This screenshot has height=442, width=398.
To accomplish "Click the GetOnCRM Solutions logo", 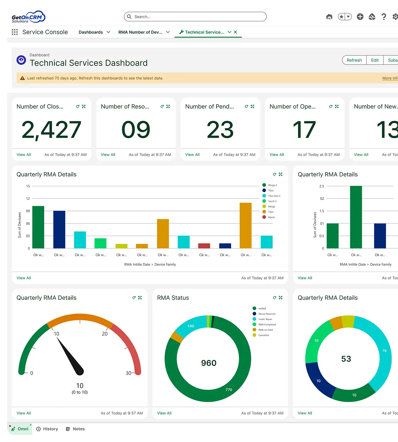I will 28,17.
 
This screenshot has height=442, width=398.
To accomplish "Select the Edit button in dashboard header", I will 375,60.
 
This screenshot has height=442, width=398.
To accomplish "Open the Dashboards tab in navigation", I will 91,32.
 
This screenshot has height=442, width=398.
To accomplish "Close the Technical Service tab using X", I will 236,32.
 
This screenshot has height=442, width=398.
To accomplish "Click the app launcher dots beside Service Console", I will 15,32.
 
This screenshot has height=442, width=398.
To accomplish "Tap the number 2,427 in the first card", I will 52,129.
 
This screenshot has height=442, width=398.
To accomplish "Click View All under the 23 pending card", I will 192,155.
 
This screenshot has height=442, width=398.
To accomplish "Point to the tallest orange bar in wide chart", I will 246,225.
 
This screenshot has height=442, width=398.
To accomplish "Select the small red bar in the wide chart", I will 204,246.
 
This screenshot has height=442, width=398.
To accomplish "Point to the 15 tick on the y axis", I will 28,186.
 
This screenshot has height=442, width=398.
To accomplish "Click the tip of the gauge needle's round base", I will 80,371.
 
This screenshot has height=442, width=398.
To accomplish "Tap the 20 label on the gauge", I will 105,334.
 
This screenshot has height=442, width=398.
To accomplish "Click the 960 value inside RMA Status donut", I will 209,363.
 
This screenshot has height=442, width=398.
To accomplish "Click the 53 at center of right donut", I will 346,359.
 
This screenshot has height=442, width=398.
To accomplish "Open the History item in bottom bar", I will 47,429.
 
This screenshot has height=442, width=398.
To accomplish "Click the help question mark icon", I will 384,17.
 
